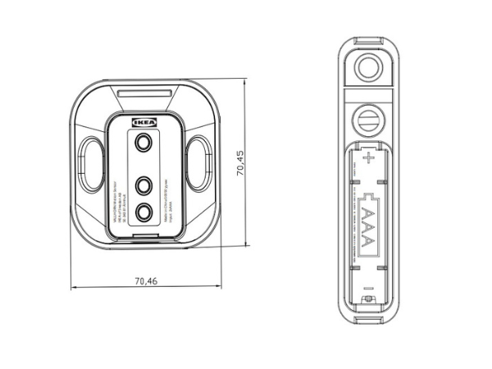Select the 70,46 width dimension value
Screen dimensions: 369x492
145,280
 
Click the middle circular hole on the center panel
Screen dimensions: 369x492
144,184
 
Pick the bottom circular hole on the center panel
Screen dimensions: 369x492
144,212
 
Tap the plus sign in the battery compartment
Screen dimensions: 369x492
368,157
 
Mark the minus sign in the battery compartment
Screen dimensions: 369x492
368,288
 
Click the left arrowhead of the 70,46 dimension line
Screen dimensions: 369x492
74,287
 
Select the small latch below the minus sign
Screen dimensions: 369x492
368,301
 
